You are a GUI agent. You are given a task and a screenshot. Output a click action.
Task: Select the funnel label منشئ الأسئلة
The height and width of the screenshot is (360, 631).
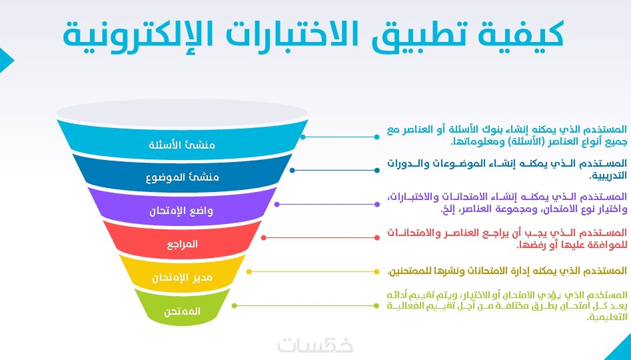pos(182,145)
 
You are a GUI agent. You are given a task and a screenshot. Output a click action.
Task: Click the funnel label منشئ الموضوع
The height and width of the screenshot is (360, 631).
pos(183,177)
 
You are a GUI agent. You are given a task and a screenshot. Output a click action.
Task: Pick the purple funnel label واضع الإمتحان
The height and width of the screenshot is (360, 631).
pos(181,211)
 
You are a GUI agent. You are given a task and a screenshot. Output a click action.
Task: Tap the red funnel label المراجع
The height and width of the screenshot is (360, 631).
pos(182,244)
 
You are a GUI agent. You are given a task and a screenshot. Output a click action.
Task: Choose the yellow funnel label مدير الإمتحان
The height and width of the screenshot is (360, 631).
pos(182,278)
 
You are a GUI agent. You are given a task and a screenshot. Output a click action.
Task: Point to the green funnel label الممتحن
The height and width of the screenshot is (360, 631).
pos(182,311)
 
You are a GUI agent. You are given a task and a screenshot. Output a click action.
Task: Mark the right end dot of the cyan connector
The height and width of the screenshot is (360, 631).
pos(377,137)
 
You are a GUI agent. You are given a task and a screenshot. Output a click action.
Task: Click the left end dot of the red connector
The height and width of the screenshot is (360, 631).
pos(264,238)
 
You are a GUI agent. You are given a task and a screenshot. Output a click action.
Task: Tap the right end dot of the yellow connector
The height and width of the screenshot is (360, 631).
pos(377,272)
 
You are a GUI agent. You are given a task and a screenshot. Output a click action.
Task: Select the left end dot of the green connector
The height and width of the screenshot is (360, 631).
pos(234,306)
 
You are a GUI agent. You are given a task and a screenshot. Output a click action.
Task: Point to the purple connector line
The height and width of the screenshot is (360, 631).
pos(327,204)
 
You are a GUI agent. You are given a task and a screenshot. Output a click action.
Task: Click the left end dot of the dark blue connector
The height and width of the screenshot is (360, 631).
pos(292,170)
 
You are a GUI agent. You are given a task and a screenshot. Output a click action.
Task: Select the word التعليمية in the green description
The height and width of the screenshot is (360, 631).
pos(607,317)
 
